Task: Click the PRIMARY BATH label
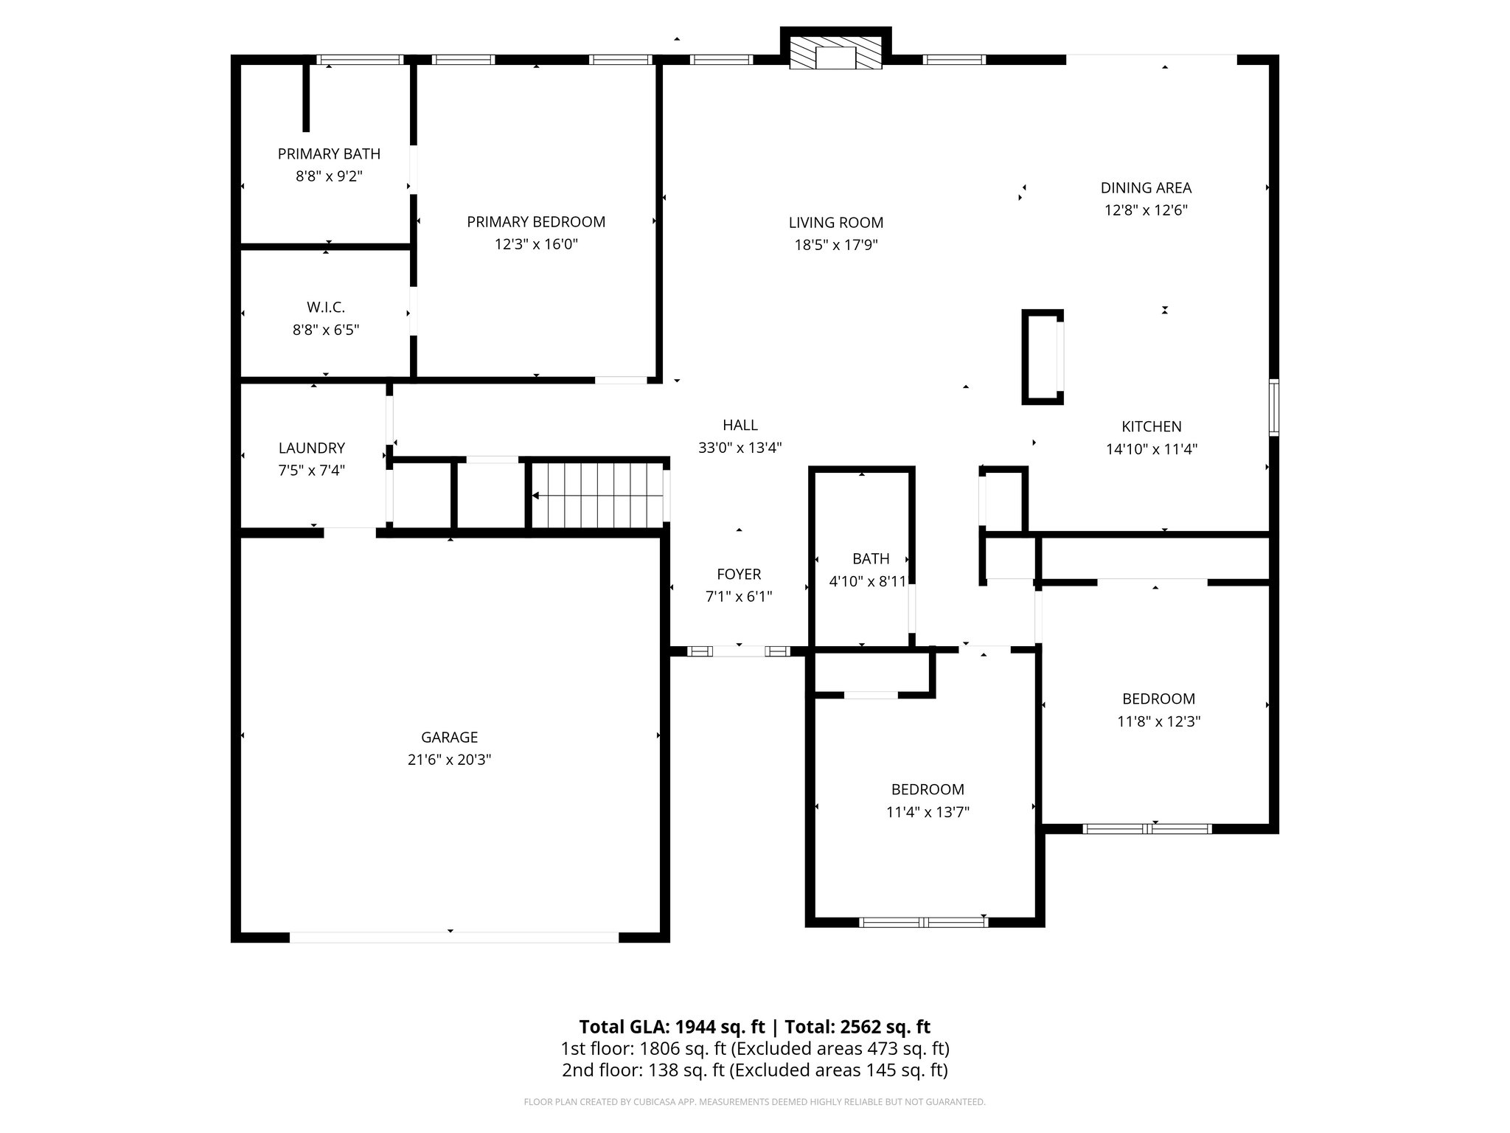tap(329, 154)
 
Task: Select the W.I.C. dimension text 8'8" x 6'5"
tap(326, 330)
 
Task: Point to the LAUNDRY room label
tap(311, 448)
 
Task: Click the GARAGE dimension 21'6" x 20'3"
tap(449, 760)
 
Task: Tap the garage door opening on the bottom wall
tap(453, 937)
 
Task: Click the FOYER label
tap(739, 574)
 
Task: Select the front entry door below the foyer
tap(739, 651)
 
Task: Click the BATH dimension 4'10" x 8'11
tap(867, 581)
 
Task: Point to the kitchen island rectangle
tap(1042, 357)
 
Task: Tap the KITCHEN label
tap(1151, 426)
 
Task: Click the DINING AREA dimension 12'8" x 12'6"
tap(1146, 210)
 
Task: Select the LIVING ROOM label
tap(835, 223)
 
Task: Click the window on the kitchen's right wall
tap(1273, 407)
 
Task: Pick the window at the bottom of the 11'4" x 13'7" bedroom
tap(924, 921)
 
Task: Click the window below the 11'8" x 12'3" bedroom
tap(1147, 828)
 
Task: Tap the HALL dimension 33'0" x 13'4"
tap(740, 448)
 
